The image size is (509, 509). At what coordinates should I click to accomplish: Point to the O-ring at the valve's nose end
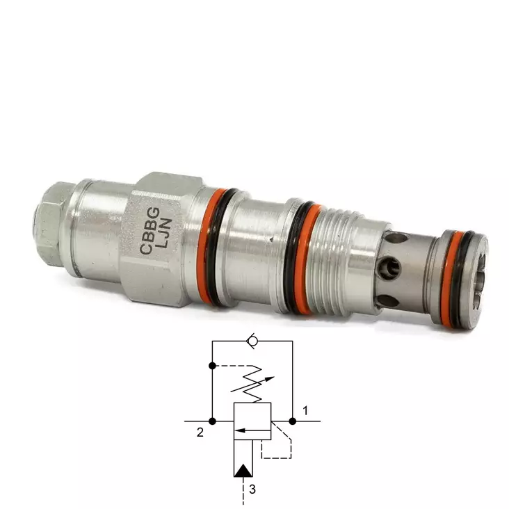coord(455,278)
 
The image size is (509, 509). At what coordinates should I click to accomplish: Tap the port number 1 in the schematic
coord(305,410)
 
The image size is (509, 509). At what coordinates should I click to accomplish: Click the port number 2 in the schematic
coord(200,433)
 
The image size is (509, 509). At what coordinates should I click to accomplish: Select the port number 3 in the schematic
coord(252,489)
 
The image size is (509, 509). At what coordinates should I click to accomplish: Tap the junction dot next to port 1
coord(293,421)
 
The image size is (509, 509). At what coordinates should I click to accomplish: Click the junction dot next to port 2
coord(212,421)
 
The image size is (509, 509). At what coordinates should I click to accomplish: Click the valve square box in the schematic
coord(252,421)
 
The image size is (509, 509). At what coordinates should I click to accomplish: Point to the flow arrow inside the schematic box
coord(252,430)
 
